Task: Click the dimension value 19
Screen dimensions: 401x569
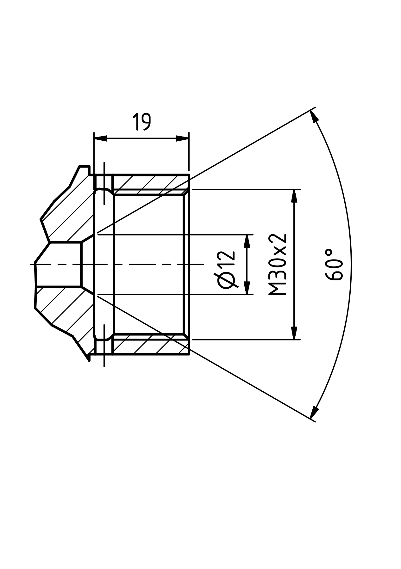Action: coord(141,122)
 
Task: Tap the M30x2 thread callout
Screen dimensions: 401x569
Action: coord(278,265)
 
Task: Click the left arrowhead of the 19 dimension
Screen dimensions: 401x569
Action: coord(101,138)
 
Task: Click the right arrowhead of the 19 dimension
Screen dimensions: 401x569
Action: coord(182,138)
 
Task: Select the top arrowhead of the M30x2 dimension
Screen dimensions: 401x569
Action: coord(295,196)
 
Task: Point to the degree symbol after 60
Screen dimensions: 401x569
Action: coord(329,253)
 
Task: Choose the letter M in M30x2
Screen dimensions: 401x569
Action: coord(278,290)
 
